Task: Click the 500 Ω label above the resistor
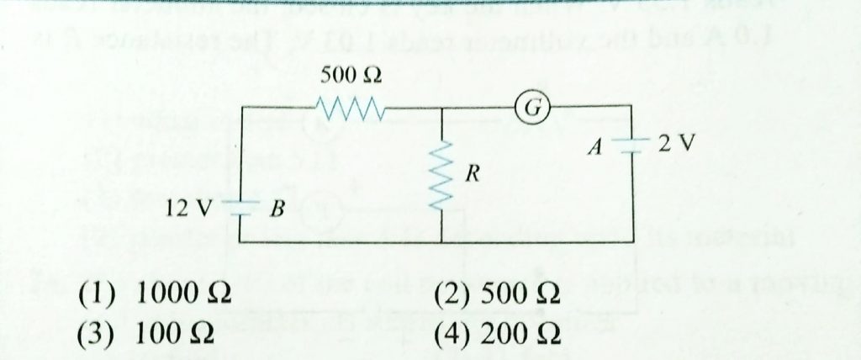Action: pos(351,76)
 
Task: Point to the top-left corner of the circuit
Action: pos(241,108)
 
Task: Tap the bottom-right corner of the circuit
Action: pos(631,242)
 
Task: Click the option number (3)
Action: pos(90,334)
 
